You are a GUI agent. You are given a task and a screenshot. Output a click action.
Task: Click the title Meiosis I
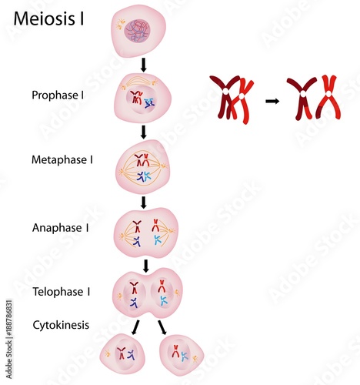tap(49, 18)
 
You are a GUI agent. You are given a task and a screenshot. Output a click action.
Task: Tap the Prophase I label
tap(59, 95)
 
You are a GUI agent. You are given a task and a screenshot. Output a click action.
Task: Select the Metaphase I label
tap(62, 160)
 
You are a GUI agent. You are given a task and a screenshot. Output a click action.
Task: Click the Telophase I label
tap(62, 292)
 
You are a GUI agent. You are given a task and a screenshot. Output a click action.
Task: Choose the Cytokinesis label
tap(61, 325)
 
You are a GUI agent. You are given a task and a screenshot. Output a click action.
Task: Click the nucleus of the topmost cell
tap(143, 32)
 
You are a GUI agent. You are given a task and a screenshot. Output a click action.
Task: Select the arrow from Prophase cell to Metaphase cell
tap(144, 132)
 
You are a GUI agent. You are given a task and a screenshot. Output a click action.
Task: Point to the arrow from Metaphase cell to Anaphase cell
tap(144, 203)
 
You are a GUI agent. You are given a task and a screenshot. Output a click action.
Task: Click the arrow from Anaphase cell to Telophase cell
tap(145, 266)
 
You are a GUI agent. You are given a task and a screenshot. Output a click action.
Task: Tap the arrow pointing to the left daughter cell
tap(135, 328)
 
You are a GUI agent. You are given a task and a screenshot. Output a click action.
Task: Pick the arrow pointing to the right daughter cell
tap(162, 328)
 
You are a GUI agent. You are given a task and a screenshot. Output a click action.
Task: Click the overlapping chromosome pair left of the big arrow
tap(232, 98)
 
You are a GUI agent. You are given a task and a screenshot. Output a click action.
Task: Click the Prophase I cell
tap(142, 98)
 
